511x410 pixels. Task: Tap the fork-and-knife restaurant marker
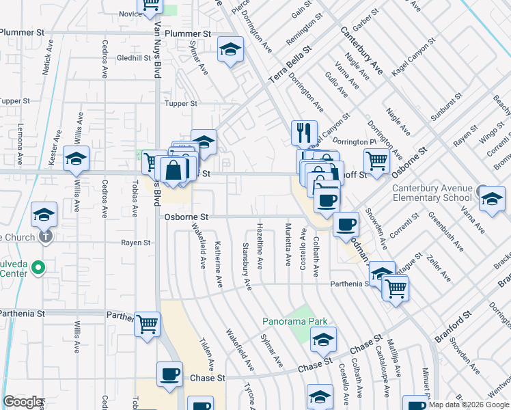coord(304,132)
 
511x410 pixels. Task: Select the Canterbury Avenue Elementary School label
coord(432,193)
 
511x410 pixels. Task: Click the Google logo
coord(23,402)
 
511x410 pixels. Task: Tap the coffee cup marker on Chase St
coord(169,374)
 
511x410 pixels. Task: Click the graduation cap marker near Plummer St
coord(231,49)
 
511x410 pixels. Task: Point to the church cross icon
coord(45,237)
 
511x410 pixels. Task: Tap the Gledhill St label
coord(133,58)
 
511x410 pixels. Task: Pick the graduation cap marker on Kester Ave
coord(76,159)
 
